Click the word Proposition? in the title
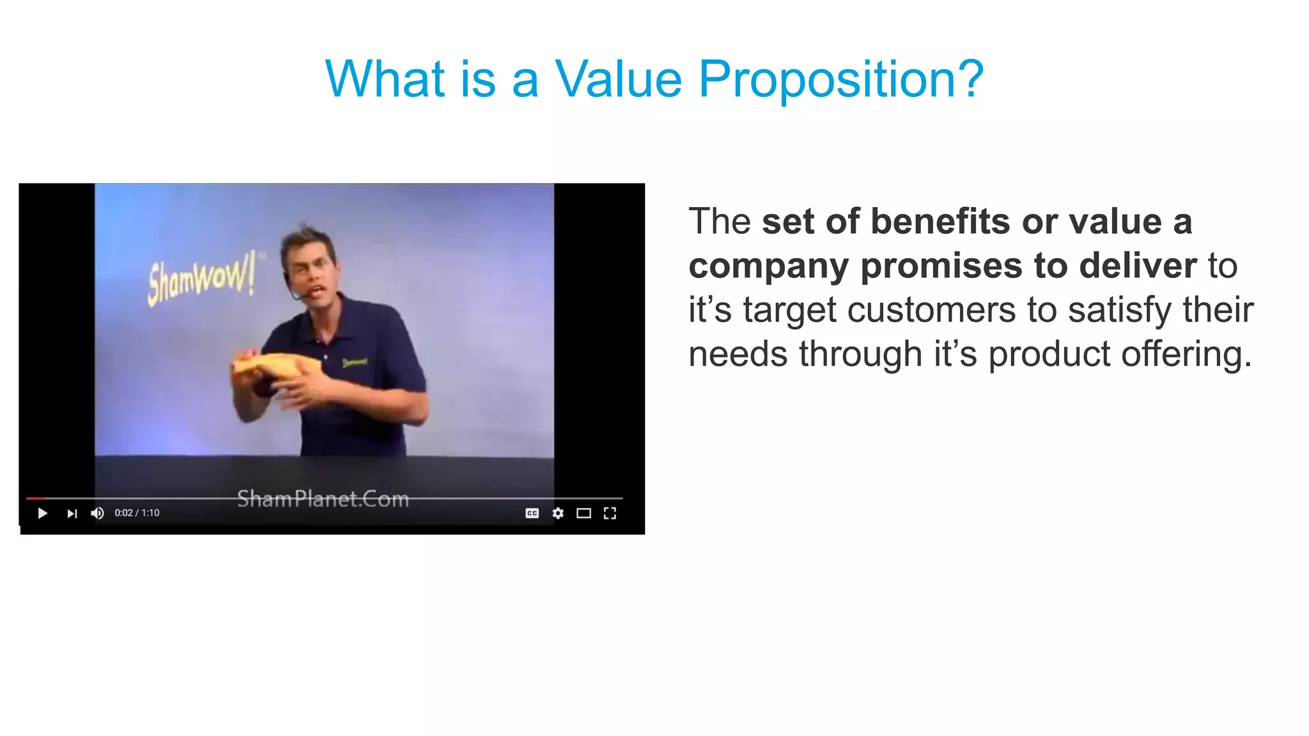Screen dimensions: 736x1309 [840, 80]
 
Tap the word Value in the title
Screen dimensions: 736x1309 [618, 80]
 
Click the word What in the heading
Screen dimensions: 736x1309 [384, 80]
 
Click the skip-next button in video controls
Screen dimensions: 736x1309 [72, 514]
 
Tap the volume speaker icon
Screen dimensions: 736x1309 [97, 514]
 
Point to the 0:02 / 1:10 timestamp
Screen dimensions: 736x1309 [137, 513]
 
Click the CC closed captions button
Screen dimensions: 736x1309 [532, 514]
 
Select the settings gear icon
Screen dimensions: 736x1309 [558, 514]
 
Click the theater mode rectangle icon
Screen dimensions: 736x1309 [584, 514]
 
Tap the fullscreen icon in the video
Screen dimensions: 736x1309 [610, 514]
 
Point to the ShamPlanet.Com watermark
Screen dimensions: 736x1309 [323, 498]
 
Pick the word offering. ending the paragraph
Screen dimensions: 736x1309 [1186, 355]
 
